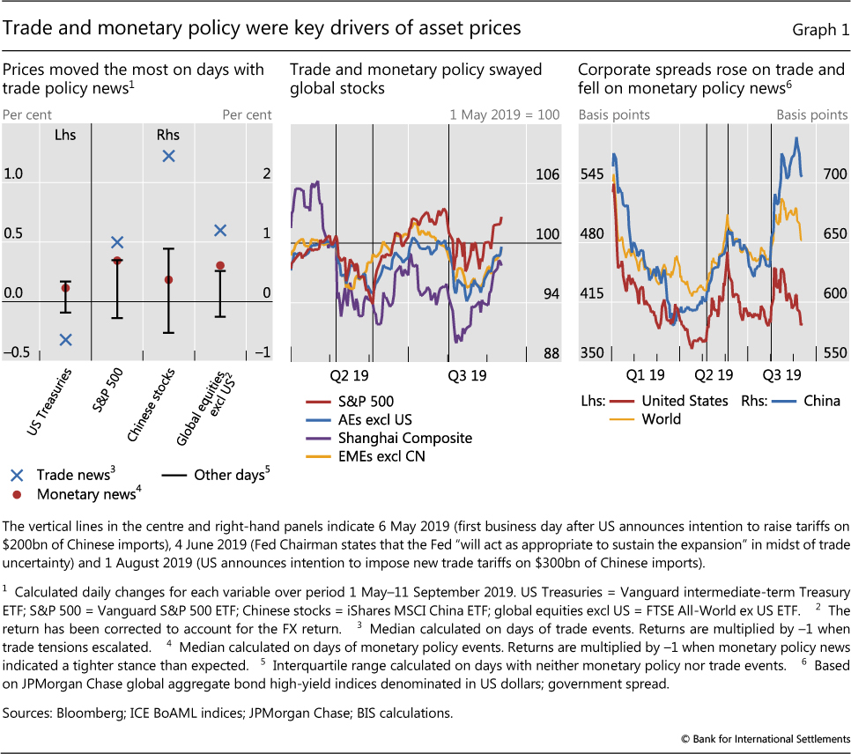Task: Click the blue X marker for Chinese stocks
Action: (x=168, y=156)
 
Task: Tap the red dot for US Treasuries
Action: (x=65, y=287)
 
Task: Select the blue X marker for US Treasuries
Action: (x=65, y=340)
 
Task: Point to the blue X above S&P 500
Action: (x=117, y=242)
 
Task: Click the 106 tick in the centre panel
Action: (x=547, y=175)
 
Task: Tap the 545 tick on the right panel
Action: (x=593, y=175)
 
